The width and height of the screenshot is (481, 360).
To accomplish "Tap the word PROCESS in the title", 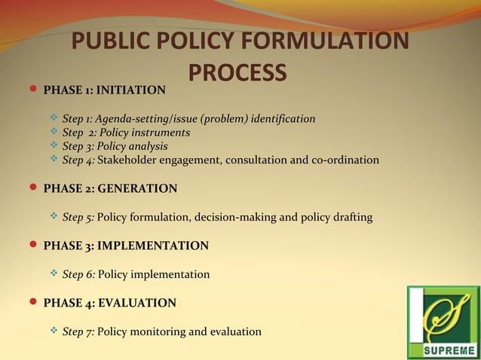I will pyautogui.click(x=237, y=72).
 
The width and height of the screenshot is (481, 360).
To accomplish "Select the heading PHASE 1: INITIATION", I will pyautogui.click(x=104, y=90).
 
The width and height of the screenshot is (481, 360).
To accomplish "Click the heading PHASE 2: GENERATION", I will pyautogui.click(x=110, y=188).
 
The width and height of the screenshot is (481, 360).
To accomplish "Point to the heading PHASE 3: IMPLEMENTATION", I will pyautogui.click(x=126, y=246).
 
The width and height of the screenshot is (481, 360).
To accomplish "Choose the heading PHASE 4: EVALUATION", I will pyautogui.click(x=110, y=303).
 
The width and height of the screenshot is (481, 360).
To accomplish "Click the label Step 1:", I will pyautogui.click(x=78, y=119).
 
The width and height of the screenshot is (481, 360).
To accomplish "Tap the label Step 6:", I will pyautogui.click(x=78, y=275).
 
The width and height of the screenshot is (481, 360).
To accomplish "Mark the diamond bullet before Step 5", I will pyautogui.click(x=54, y=217).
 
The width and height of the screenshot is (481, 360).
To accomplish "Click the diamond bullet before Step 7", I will pyautogui.click(x=54, y=331).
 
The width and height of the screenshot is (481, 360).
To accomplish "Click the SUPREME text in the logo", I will pyautogui.click(x=443, y=349).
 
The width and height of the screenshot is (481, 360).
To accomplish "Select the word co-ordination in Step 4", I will pyautogui.click(x=346, y=160).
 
